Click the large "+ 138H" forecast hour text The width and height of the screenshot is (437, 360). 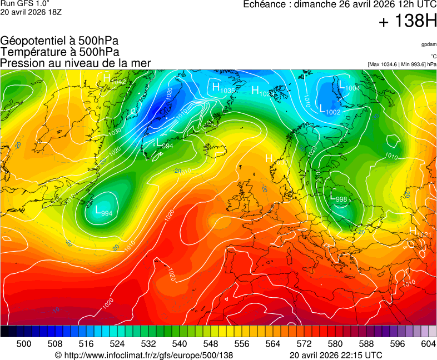[407, 22]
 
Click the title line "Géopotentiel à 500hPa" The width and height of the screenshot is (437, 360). [59, 41]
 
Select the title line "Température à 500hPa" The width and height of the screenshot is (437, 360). [59, 52]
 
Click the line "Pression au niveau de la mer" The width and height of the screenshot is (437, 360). [76, 63]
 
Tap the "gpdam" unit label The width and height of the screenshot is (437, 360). [428, 44]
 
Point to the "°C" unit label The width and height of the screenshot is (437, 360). [433, 56]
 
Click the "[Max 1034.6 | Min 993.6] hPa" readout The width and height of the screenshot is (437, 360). [402, 64]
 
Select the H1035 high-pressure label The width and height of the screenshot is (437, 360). [222, 88]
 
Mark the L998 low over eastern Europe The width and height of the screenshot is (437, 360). [339, 198]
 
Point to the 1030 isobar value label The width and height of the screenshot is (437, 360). [115, 132]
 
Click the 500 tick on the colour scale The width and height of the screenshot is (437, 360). [24, 344]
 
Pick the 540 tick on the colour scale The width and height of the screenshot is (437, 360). [180, 344]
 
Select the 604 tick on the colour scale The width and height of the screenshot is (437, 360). [428, 344]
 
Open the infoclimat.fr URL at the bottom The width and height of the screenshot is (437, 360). [143, 355]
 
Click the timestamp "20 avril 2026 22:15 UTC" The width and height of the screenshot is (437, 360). [336, 355]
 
